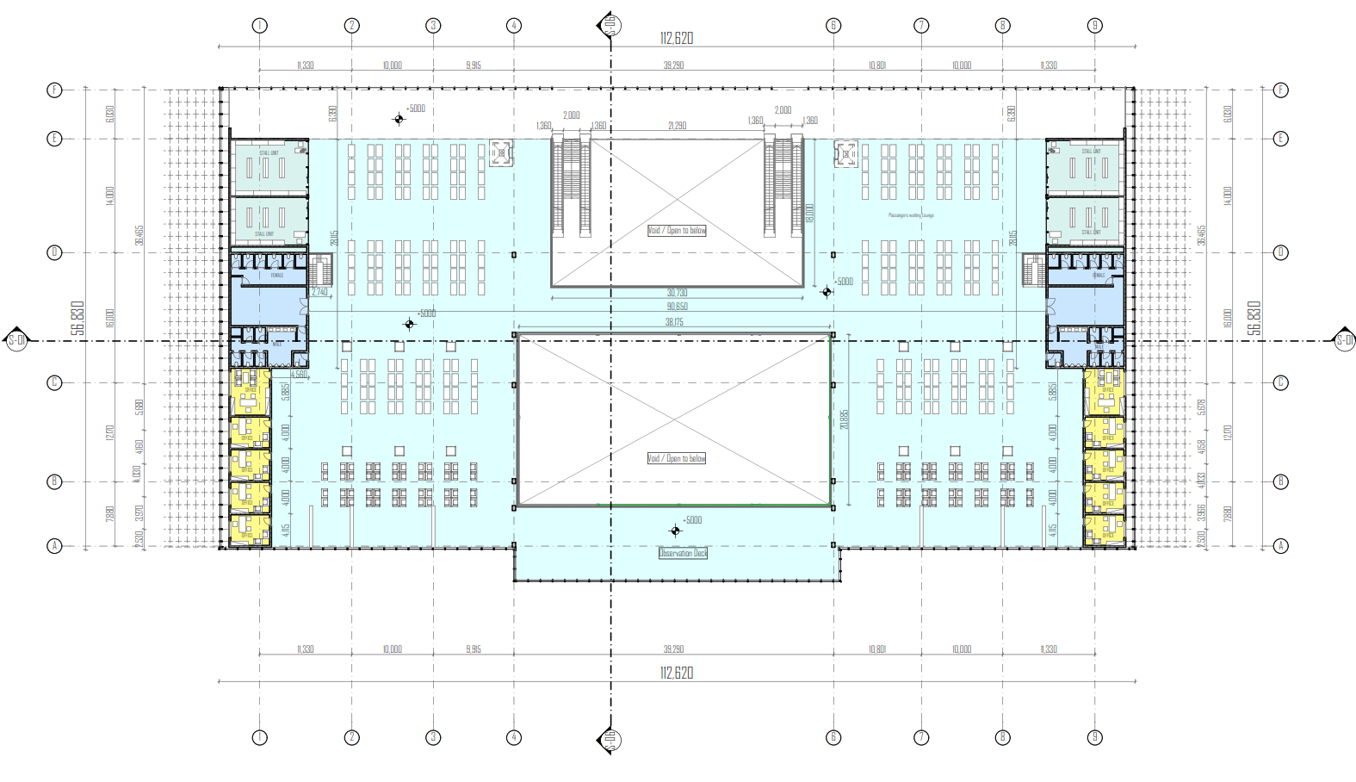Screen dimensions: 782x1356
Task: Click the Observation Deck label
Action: tap(683, 553)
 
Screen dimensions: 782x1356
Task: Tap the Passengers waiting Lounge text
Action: tap(911, 215)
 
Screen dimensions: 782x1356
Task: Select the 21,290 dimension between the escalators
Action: tap(678, 126)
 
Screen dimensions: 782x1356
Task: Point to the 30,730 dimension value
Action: tap(677, 293)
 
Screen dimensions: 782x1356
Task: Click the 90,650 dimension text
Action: tap(677, 307)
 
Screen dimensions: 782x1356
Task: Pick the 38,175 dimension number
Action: tap(674, 322)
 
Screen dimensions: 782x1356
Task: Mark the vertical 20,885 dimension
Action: tap(845, 419)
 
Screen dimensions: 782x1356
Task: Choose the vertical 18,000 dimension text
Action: tap(809, 214)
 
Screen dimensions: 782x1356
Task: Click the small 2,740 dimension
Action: tap(319, 292)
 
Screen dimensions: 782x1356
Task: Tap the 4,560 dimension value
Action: tap(299, 375)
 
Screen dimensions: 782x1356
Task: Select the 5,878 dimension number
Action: tap(1202, 407)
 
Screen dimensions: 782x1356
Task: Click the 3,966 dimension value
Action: tap(1202, 512)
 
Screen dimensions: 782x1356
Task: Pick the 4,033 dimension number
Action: tap(1202, 480)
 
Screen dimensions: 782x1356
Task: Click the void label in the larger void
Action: tap(677, 458)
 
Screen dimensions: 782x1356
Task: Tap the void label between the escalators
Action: tap(677, 230)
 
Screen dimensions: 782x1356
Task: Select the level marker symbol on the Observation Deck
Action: tap(675, 531)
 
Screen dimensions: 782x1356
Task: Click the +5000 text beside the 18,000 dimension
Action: tap(845, 282)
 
